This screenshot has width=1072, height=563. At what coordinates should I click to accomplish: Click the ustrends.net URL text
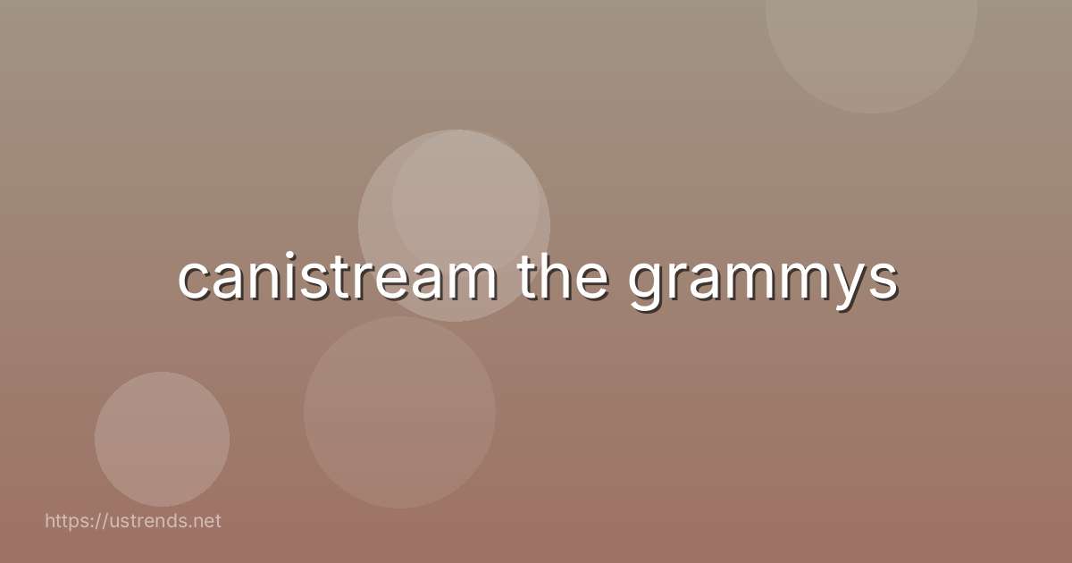point(132,520)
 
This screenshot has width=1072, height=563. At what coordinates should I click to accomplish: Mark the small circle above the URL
point(162,439)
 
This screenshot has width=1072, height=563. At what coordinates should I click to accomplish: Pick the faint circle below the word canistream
point(399,412)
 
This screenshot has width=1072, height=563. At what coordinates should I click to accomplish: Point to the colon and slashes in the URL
point(95,520)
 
